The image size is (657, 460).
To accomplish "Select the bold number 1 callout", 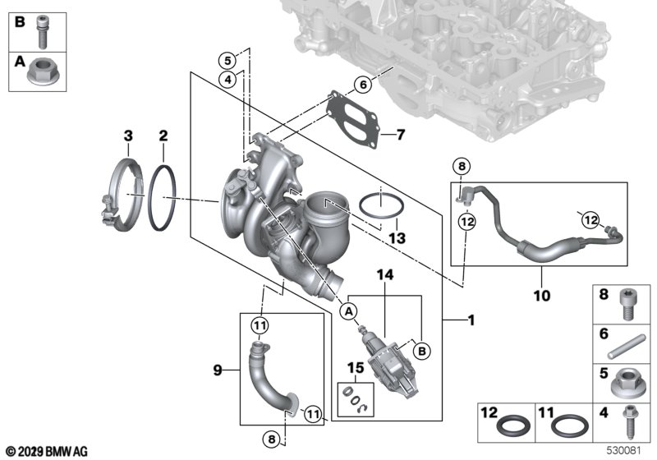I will pyautogui.click(x=470, y=321).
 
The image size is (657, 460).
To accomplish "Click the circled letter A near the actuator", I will pyautogui.click(x=348, y=312).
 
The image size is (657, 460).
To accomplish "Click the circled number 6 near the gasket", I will pyautogui.click(x=364, y=84).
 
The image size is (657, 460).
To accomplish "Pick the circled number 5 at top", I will pyautogui.click(x=227, y=60).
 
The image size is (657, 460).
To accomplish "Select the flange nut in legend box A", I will pyautogui.click(x=39, y=72).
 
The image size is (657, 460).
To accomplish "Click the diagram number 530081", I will pyautogui.click(x=625, y=451).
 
